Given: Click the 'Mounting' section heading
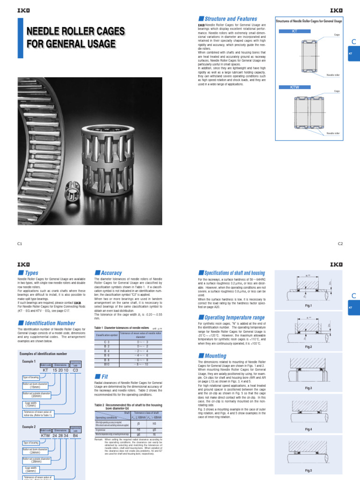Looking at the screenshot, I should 216,356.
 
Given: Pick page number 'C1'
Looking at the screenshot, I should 20,244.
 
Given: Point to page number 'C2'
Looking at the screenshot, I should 340,244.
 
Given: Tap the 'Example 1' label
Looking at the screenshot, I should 29,362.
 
